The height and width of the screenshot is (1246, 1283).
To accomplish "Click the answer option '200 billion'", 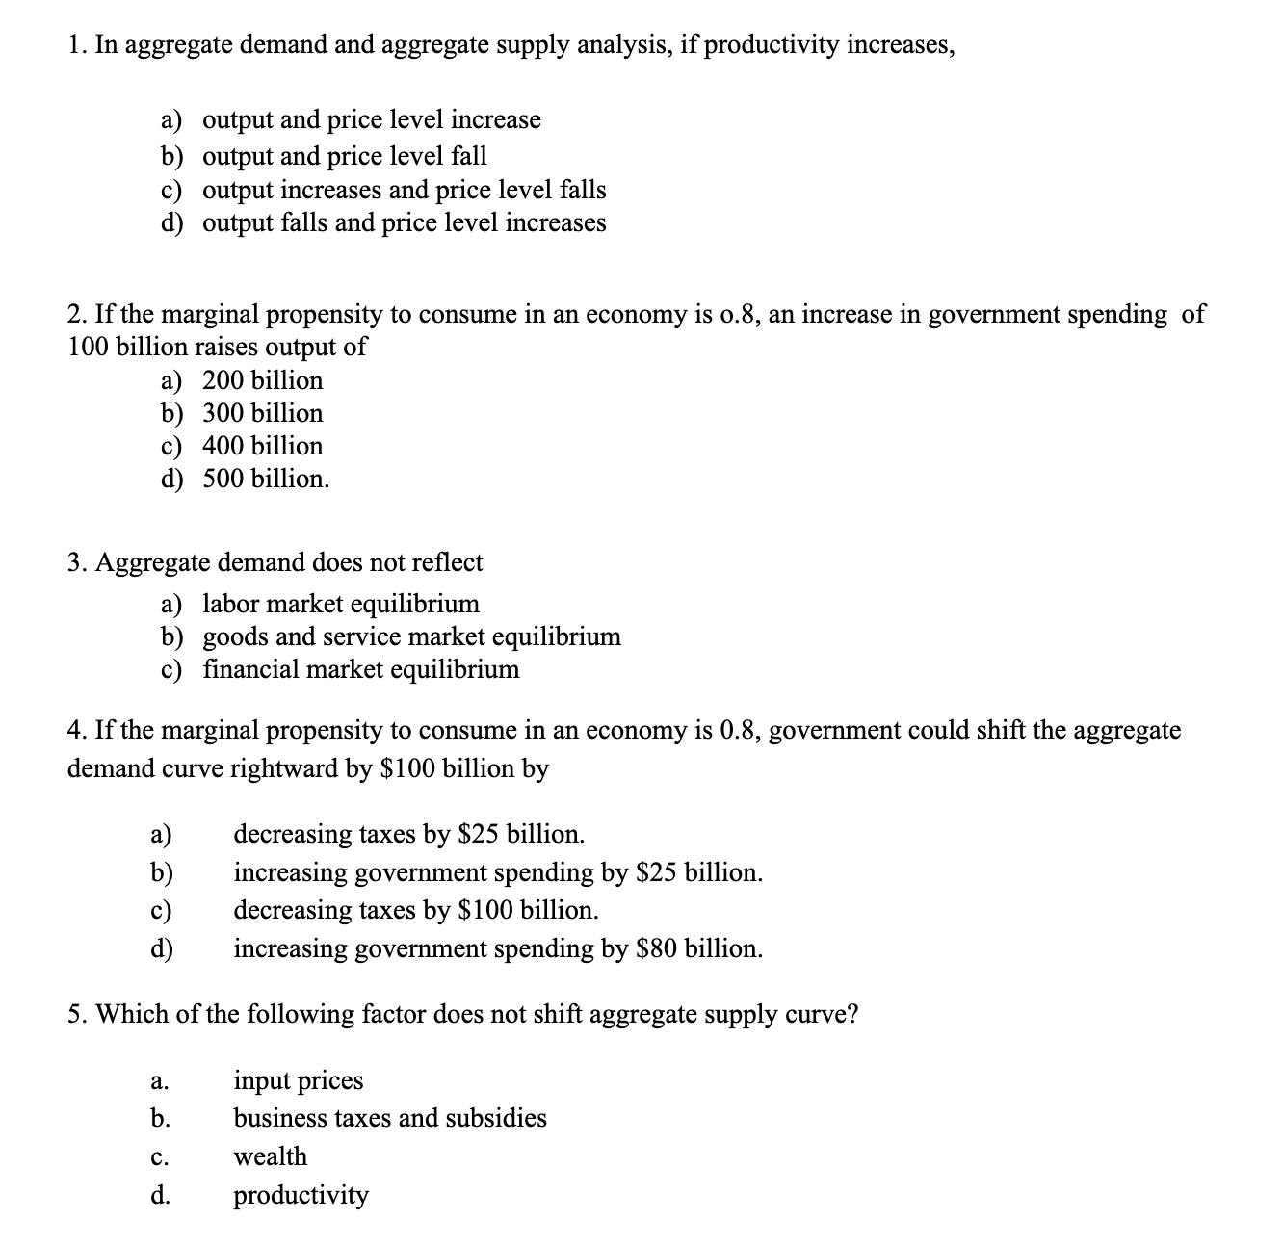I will pyautogui.click(x=262, y=380).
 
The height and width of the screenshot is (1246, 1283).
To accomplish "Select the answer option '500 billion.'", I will pyautogui.click(x=266, y=479).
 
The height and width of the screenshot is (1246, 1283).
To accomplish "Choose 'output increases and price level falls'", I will pyautogui.click(x=404, y=190).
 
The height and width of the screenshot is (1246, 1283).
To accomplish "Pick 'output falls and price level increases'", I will pyautogui.click(x=404, y=222).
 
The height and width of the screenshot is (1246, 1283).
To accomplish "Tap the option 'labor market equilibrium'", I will pyautogui.click(x=340, y=604).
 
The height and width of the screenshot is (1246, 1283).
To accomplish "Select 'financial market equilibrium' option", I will pyautogui.click(x=360, y=669).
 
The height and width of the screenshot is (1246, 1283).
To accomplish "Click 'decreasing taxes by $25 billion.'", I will pyautogui.click(x=408, y=834).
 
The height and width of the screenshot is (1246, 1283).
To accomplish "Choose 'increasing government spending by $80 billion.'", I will pyautogui.click(x=498, y=948).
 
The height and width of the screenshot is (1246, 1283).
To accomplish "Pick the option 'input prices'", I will pyautogui.click(x=299, y=1080).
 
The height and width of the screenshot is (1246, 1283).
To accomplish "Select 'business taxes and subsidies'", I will pyautogui.click(x=390, y=1118).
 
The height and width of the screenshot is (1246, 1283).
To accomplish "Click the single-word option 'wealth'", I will pyautogui.click(x=271, y=1156).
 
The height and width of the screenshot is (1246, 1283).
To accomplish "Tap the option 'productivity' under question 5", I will pyautogui.click(x=301, y=1195).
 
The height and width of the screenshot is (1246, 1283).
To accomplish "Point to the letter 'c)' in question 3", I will pyautogui.click(x=171, y=669).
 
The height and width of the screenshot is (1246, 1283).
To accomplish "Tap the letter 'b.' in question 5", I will pyautogui.click(x=161, y=1118).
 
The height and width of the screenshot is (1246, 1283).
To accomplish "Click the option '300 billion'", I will pyautogui.click(x=262, y=413).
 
